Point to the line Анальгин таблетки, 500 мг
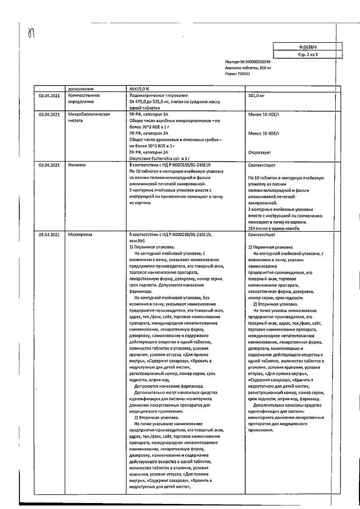coord(248,69)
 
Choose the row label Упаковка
coord(78,165)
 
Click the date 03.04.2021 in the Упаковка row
coord(49,165)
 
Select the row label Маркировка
coord(80,235)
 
